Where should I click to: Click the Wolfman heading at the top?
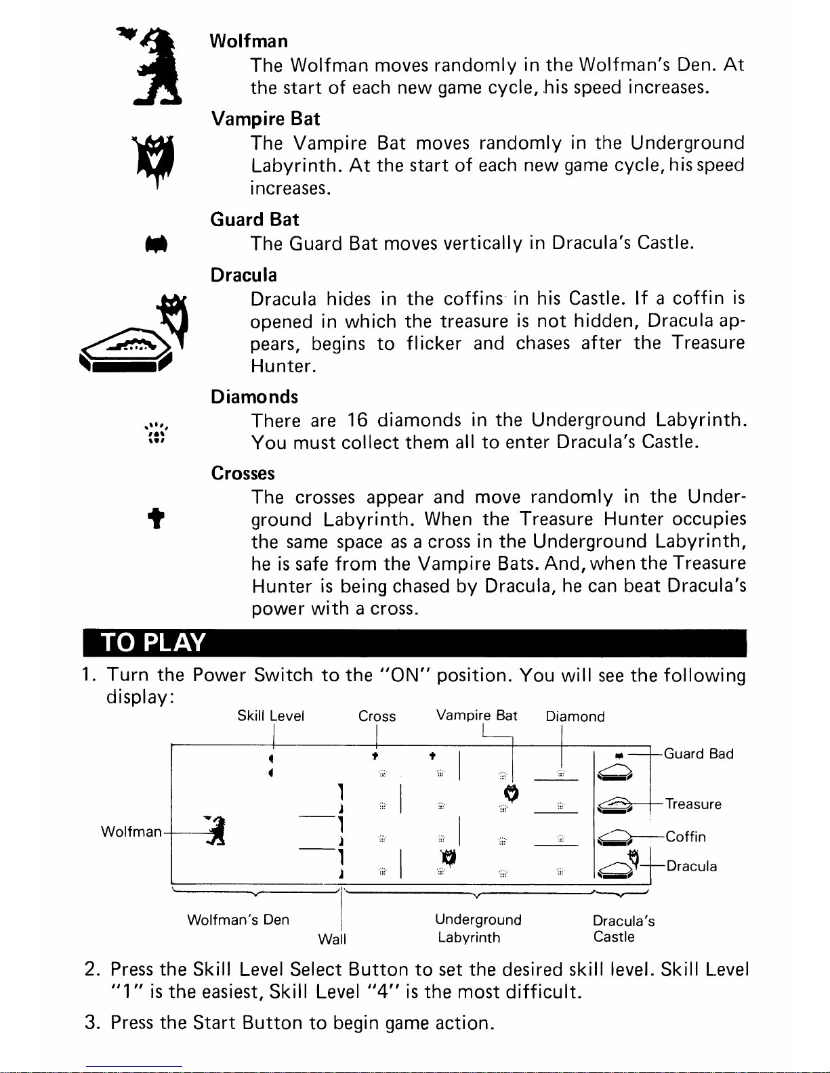click(249, 41)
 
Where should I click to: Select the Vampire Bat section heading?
click(265, 119)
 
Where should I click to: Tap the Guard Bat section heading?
click(254, 219)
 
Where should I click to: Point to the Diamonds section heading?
click(254, 397)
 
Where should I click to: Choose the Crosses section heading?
click(243, 473)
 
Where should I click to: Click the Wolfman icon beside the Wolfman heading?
click(157, 66)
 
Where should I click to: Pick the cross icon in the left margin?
click(157, 519)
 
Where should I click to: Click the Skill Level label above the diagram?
click(270, 716)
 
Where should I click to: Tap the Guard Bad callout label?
click(699, 754)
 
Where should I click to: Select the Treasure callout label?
click(693, 804)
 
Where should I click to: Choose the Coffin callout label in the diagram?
click(686, 837)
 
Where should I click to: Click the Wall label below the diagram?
click(332, 939)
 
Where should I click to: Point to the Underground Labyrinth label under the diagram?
click(478, 928)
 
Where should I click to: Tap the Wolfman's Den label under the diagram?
click(238, 919)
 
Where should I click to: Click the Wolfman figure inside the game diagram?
click(216, 831)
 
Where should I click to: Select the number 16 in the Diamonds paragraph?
click(356, 420)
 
